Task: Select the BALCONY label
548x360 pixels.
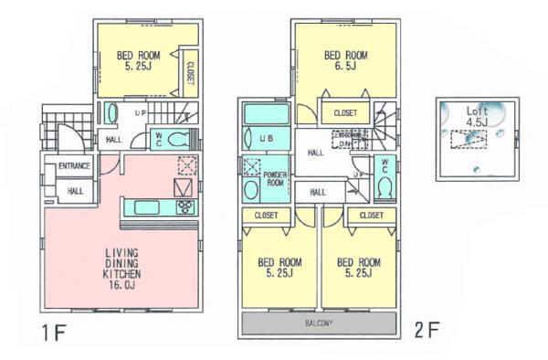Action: [318, 324]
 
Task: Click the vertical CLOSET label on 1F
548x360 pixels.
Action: [190, 73]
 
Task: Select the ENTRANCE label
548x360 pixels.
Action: [73, 166]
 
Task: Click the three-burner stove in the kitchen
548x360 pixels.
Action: [185, 207]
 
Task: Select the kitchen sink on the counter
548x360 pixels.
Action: [146, 207]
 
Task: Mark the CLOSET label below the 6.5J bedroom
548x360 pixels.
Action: [345, 113]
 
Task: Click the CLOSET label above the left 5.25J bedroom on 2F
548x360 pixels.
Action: [266, 216]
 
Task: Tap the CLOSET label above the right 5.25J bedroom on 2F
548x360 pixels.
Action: [370, 216]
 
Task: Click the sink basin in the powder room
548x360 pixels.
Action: [251, 191]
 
